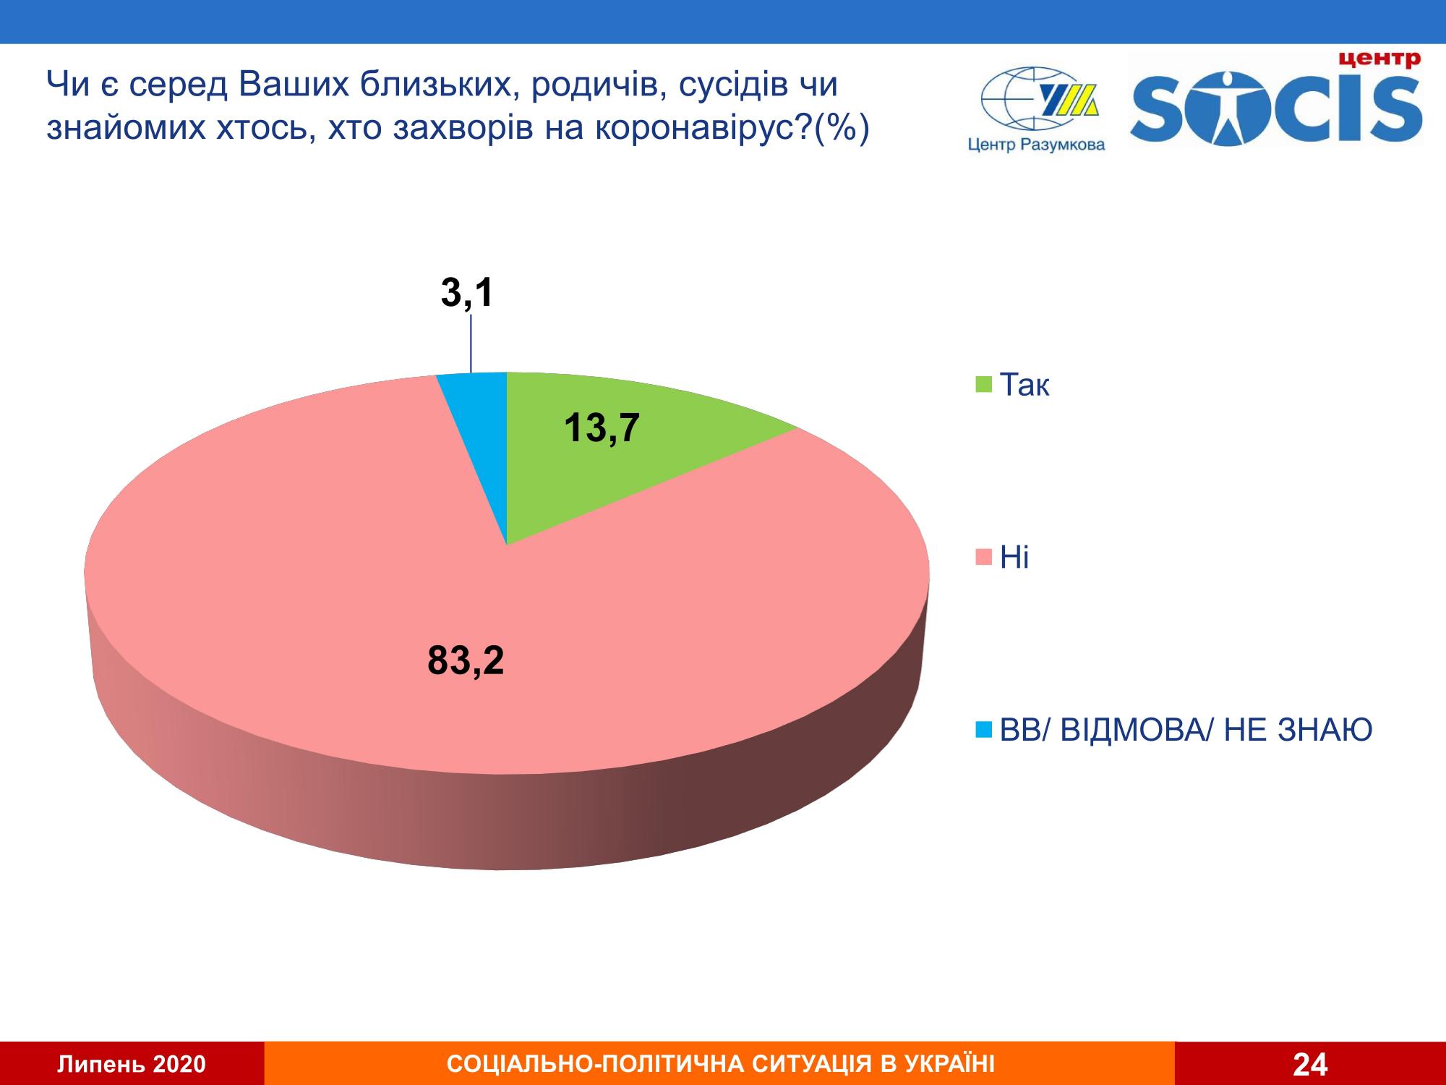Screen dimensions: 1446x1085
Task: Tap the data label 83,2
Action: coord(466,661)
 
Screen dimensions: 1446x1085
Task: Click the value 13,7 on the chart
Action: coord(602,428)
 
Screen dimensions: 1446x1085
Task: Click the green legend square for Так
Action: coord(984,386)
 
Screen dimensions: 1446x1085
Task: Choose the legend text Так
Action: coord(1024,386)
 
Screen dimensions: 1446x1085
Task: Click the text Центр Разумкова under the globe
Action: coord(1036,145)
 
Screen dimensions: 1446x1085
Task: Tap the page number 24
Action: coord(1310,1064)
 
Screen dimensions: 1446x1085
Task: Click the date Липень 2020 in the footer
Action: coord(132,1064)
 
